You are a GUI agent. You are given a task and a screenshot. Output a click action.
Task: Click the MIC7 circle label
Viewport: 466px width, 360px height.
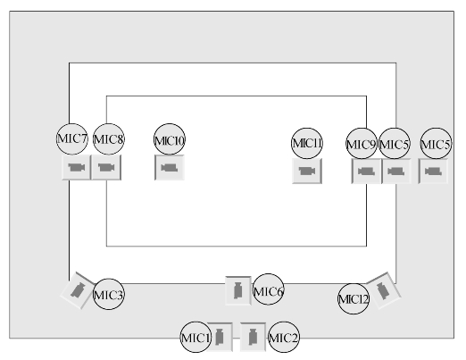72,139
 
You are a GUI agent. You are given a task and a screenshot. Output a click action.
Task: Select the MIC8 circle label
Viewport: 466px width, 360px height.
109,139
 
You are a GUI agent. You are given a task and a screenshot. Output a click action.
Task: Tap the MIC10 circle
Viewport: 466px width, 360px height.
170,139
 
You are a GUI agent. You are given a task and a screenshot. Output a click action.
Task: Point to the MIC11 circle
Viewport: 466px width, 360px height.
307,144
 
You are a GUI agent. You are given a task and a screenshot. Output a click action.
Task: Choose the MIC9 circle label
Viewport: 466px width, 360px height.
362,144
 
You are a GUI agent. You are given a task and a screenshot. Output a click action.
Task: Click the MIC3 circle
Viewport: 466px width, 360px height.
109,294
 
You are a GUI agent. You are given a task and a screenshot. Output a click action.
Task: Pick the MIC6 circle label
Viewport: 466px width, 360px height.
268,289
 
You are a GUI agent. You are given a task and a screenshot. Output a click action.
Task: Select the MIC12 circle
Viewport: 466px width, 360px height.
354,298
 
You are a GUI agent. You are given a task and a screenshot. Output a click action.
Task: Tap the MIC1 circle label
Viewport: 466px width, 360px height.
196,337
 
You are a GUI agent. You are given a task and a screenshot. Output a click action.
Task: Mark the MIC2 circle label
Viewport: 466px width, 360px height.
284,337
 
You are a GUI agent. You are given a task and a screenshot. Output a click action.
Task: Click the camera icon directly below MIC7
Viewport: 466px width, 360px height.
77,167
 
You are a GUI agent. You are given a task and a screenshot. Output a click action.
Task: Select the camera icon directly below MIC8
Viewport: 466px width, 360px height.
106,167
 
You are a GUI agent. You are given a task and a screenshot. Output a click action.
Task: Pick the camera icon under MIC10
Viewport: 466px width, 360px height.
170,168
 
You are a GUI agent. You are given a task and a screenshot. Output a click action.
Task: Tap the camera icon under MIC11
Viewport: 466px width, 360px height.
307,172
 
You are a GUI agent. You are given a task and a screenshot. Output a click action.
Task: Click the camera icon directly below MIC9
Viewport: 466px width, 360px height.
366,172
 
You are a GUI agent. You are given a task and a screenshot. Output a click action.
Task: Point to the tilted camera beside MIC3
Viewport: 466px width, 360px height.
79,290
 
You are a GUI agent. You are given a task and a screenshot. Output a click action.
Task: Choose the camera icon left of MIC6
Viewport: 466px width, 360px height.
238,290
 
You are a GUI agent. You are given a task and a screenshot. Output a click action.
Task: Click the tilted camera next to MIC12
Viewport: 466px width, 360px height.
383,290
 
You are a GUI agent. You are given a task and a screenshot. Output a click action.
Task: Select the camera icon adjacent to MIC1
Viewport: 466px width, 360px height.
220,337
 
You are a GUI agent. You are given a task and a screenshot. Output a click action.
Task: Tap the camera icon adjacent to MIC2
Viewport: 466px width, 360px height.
253,337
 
